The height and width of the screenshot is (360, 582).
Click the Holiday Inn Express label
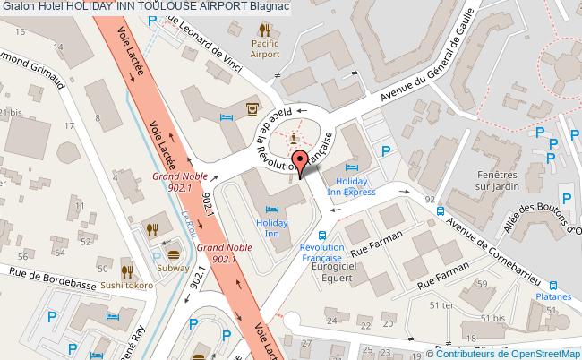tap(350, 186)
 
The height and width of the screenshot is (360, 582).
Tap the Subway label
tap(173, 266)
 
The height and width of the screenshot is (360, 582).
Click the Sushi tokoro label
tap(128, 287)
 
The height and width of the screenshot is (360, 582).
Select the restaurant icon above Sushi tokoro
tap(128, 270)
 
